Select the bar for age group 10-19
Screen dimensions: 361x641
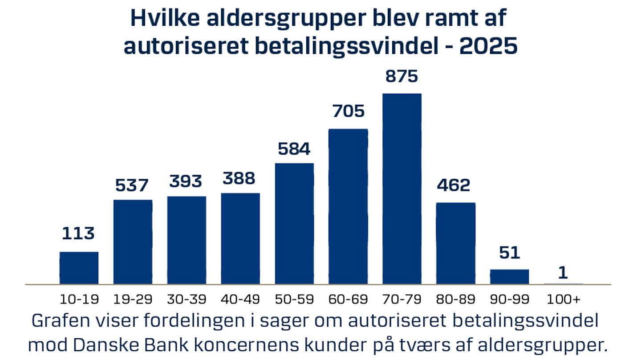(x=79, y=268)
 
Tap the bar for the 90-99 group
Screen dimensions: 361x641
(x=509, y=276)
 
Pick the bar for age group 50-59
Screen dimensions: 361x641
(x=294, y=223)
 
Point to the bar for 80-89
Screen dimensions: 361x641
(x=455, y=243)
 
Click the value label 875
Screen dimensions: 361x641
(x=402, y=77)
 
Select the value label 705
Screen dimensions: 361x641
(x=348, y=111)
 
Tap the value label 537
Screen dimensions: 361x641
(x=133, y=185)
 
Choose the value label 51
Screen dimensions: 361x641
(x=509, y=253)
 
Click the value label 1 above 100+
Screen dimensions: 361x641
(x=563, y=273)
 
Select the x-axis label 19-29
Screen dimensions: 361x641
(x=133, y=299)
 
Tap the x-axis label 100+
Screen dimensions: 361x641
(x=564, y=299)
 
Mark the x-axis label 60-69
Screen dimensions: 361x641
(x=348, y=299)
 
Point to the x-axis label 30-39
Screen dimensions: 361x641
(x=187, y=299)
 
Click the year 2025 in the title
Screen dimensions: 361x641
(x=488, y=46)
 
